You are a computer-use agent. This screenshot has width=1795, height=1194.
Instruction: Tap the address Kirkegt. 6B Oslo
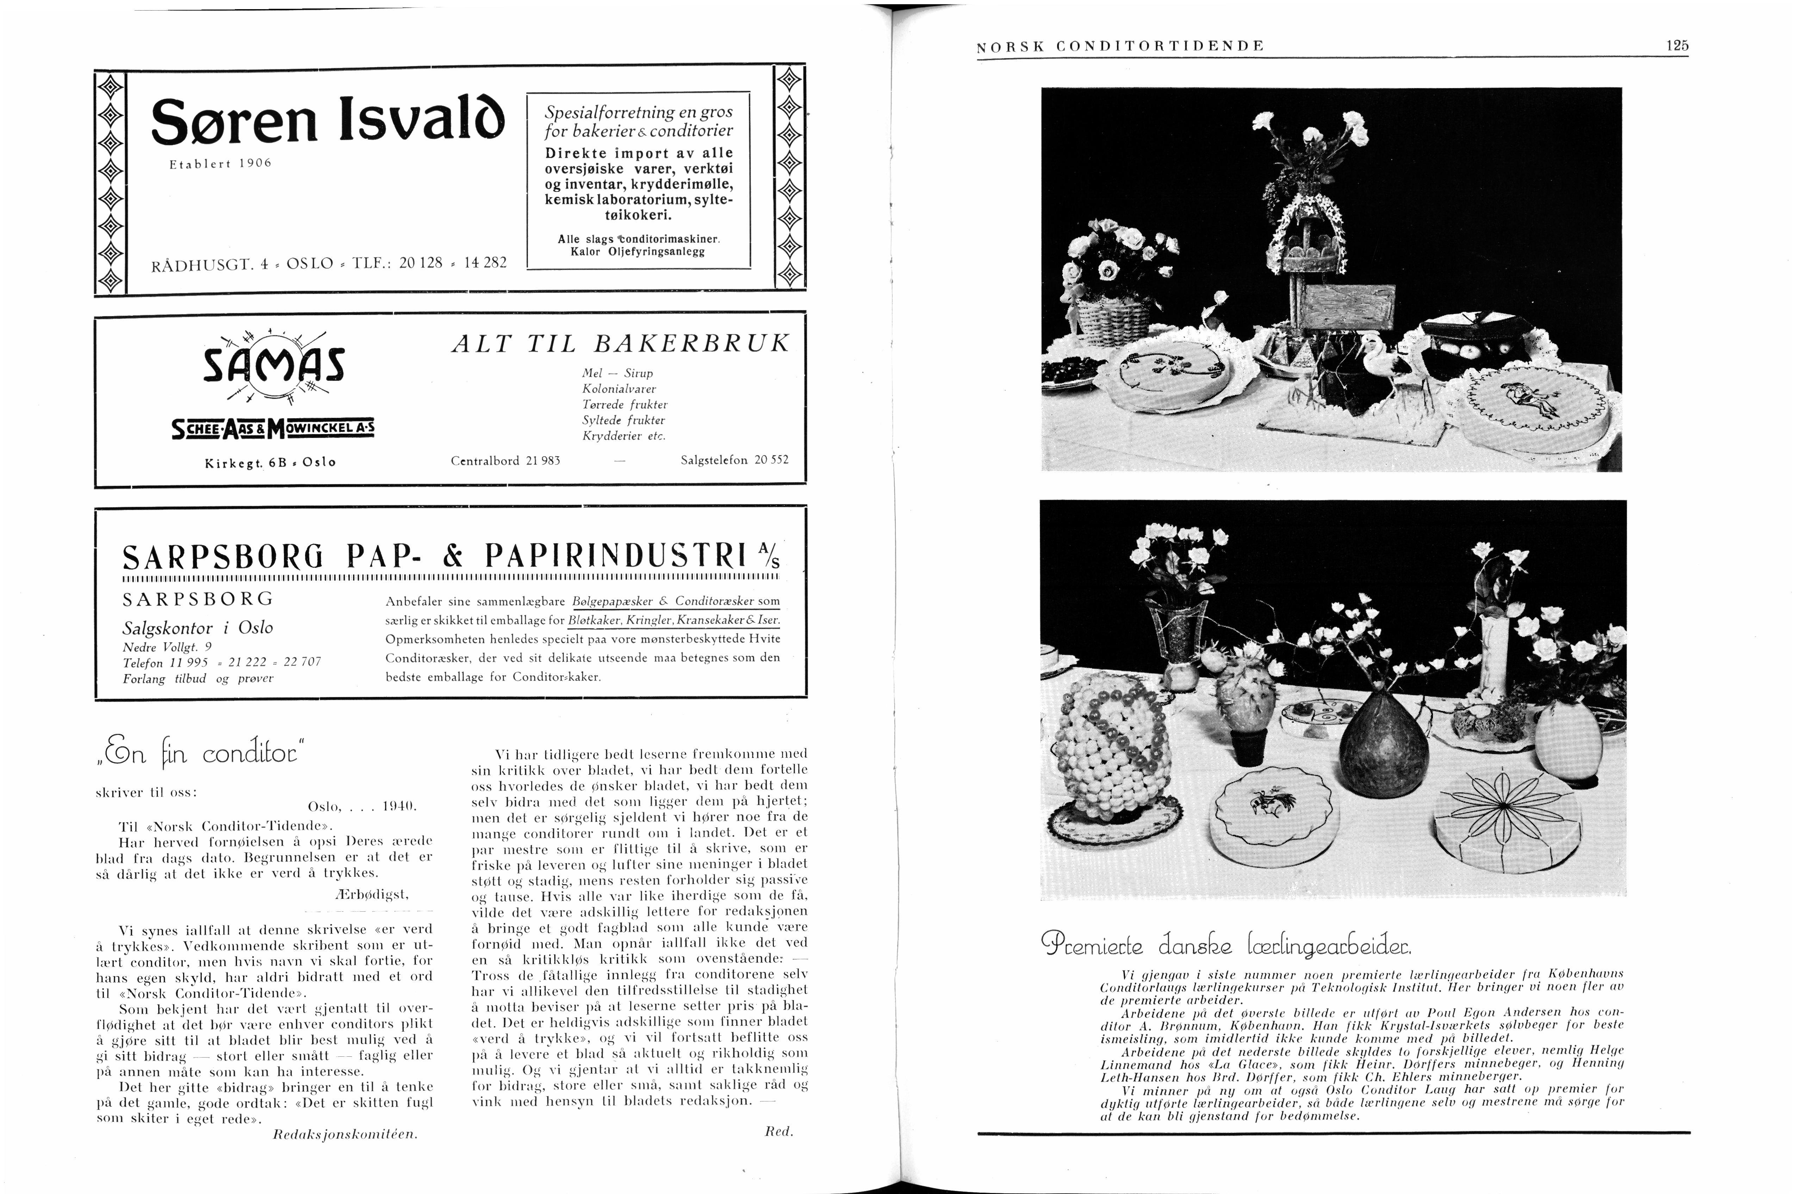[x=270, y=462]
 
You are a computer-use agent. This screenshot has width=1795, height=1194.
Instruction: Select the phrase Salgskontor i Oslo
[x=197, y=628]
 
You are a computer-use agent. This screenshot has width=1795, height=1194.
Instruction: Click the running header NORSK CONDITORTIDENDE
[x=1120, y=46]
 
